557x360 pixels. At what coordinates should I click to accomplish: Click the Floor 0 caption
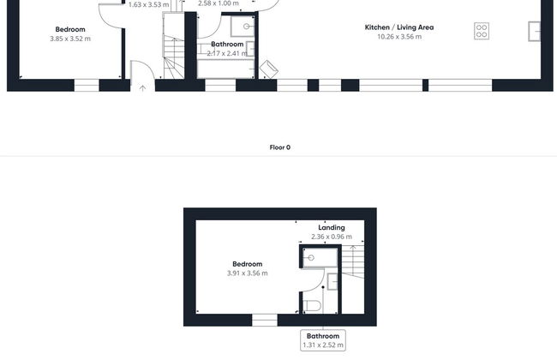tap(280, 147)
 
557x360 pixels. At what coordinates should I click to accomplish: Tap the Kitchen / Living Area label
tap(399, 27)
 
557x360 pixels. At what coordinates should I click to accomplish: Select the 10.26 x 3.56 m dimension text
tap(399, 37)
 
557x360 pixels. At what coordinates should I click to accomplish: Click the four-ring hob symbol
tap(482, 31)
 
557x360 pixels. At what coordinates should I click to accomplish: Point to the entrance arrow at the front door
tap(142, 88)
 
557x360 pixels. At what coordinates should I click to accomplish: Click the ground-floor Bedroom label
tap(70, 29)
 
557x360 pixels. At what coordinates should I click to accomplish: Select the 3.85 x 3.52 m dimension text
tap(70, 39)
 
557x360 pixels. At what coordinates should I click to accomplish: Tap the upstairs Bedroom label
tap(248, 264)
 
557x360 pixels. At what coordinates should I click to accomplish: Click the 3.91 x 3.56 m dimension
tap(248, 273)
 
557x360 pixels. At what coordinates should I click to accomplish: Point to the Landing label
tap(332, 227)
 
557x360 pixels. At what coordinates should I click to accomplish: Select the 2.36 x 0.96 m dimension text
tap(332, 237)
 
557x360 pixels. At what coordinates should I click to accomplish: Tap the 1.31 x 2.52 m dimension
tap(323, 345)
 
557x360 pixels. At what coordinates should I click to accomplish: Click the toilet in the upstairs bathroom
tap(313, 306)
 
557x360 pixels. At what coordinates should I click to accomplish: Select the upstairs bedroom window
tap(265, 320)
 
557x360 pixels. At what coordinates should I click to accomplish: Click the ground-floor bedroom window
tap(87, 86)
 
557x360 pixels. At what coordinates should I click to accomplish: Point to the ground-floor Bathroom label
tap(227, 45)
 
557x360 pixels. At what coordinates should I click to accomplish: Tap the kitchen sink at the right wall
tap(534, 31)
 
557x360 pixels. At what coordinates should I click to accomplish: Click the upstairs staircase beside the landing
tap(353, 279)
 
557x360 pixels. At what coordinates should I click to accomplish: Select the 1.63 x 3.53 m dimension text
tap(148, 5)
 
